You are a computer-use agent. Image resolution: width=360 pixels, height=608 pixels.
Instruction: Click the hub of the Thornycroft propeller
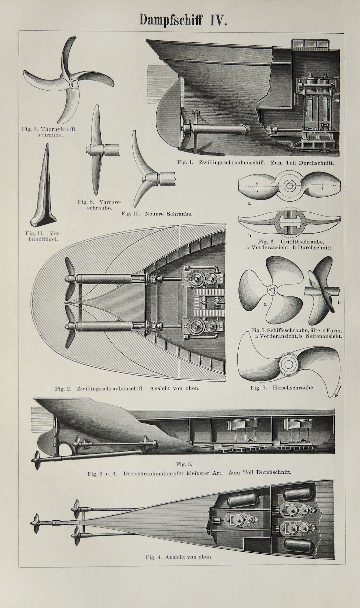74,82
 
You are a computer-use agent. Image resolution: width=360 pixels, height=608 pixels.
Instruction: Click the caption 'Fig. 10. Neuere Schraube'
157,214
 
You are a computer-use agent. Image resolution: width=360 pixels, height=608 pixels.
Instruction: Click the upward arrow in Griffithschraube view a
257,187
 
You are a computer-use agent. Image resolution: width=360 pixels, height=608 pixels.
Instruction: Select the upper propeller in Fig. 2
69,279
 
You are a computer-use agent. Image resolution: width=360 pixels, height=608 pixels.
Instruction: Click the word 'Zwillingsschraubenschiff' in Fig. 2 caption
110,388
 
